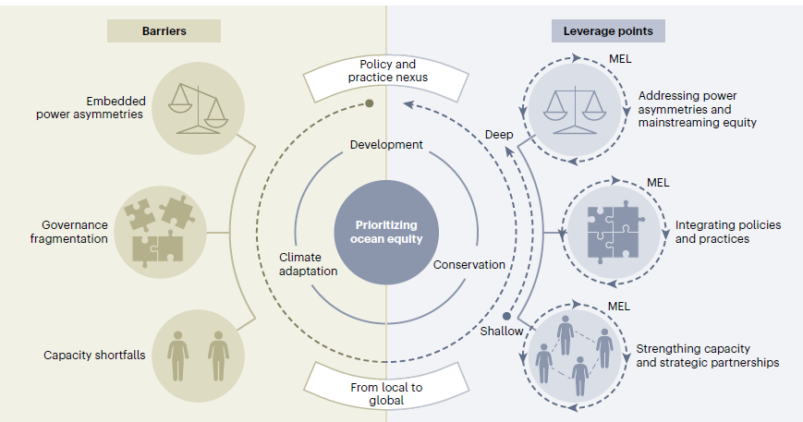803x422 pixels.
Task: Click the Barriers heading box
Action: (164, 30)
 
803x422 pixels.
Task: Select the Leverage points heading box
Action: (608, 30)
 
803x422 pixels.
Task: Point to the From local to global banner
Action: (386, 393)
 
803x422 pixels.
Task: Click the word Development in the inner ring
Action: (386, 145)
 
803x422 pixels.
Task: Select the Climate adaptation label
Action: (309, 264)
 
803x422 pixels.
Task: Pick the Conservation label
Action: (469, 265)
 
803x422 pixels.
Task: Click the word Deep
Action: (498, 135)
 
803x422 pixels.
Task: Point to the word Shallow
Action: (501, 332)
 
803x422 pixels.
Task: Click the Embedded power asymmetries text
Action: (91, 108)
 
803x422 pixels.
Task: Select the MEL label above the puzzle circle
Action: (658, 182)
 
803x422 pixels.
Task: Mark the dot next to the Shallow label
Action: (506, 316)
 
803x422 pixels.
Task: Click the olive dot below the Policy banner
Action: (369, 103)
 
